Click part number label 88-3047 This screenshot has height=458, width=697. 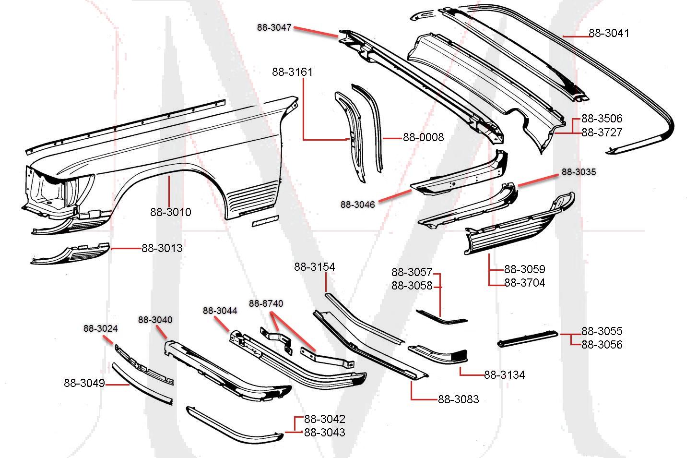(274, 28)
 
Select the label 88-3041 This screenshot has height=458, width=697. (609, 33)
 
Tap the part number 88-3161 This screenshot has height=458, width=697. (292, 72)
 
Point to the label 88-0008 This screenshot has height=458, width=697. (423, 137)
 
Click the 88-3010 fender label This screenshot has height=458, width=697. (170, 212)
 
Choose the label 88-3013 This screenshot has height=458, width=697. (162, 248)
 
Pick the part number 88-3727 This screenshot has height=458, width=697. (602, 133)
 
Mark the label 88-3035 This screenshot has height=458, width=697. (579, 172)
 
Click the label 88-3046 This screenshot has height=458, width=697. (358, 205)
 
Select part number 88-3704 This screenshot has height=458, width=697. (524, 283)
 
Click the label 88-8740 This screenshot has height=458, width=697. (266, 303)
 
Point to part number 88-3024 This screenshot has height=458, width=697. (101, 328)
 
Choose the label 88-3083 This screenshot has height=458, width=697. (458, 399)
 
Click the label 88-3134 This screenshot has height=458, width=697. (504, 374)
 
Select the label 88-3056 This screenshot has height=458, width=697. (602, 344)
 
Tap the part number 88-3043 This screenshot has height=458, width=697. (324, 432)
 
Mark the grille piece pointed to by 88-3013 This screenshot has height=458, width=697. (72, 253)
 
